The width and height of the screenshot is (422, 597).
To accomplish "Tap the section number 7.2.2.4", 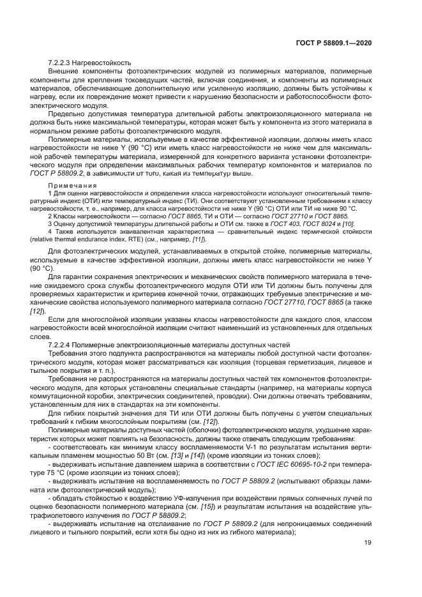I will click(61, 344).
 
